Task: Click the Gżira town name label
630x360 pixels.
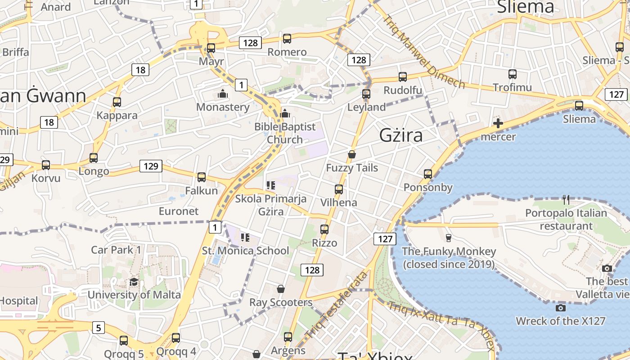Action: [401, 135]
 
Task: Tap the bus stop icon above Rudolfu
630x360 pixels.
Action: [403, 76]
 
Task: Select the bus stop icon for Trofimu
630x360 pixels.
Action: [512, 74]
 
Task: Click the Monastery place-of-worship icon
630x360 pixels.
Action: [222, 94]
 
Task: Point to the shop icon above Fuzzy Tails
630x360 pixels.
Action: [352, 154]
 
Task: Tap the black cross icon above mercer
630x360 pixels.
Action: [498, 123]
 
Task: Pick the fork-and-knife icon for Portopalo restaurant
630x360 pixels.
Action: [566, 199]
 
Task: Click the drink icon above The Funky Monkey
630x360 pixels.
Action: [448, 238]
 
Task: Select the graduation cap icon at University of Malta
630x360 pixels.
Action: [134, 282]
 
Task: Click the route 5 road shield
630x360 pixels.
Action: [99, 327]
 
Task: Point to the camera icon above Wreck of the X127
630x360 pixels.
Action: [560, 308]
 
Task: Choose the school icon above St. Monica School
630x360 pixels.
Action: [245, 237]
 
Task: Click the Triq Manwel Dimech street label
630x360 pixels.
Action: [423, 52]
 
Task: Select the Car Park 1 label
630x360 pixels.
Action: [116, 250]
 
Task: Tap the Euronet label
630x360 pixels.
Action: [179, 211]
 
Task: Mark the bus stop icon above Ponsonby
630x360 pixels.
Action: [428, 174]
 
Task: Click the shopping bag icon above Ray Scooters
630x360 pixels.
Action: [281, 288]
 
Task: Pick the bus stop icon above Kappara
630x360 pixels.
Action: [117, 102]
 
